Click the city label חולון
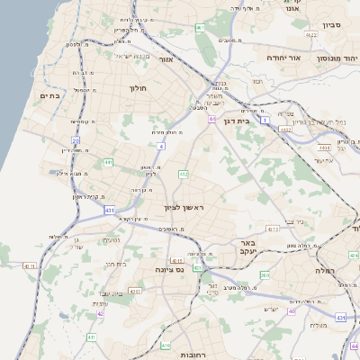(138, 88)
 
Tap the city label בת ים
(49, 94)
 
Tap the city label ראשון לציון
(184, 208)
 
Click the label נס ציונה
(170, 268)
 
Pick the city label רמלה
(325, 270)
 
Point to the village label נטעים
(112, 240)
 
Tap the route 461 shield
(200, 28)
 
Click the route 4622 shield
(311, 35)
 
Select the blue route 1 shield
(265, 119)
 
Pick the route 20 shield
(76, 140)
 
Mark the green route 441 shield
(108, 162)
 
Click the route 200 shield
(265, 275)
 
